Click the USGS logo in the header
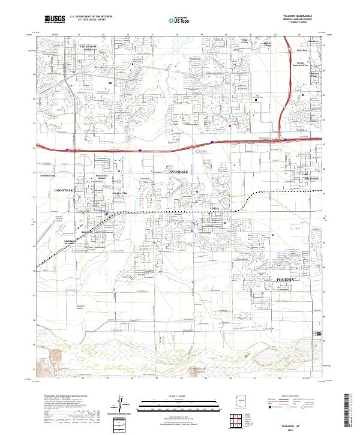(x=55, y=20)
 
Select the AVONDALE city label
(x=179, y=171)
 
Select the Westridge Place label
(x=313, y=75)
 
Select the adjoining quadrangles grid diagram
(x=240, y=421)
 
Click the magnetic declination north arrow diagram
(x=124, y=403)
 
